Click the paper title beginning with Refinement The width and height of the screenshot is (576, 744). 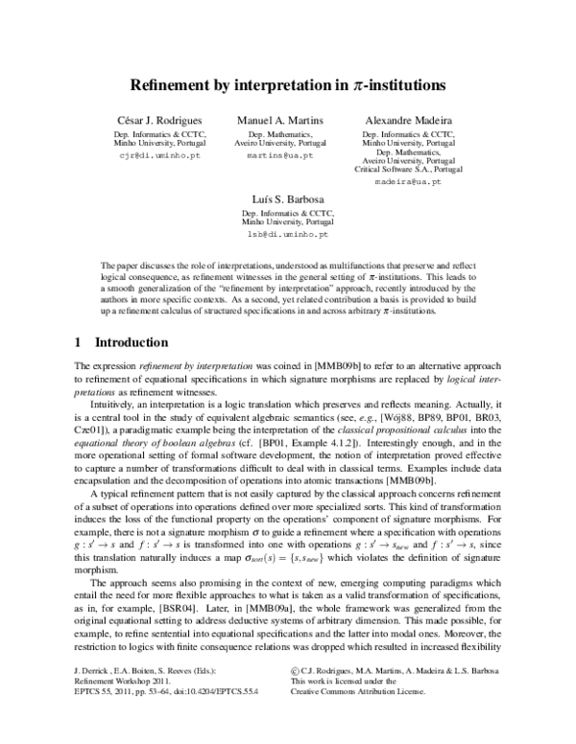pyautogui.click(x=288, y=85)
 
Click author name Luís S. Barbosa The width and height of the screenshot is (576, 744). pyautogui.click(x=287, y=198)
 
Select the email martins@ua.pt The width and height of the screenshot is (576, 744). pyautogui.click(x=280, y=154)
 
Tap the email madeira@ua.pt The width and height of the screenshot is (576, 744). pyautogui.click(x=407, y=180)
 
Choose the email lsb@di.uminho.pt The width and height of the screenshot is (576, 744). pyautogui.click(x=287, y=233)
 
